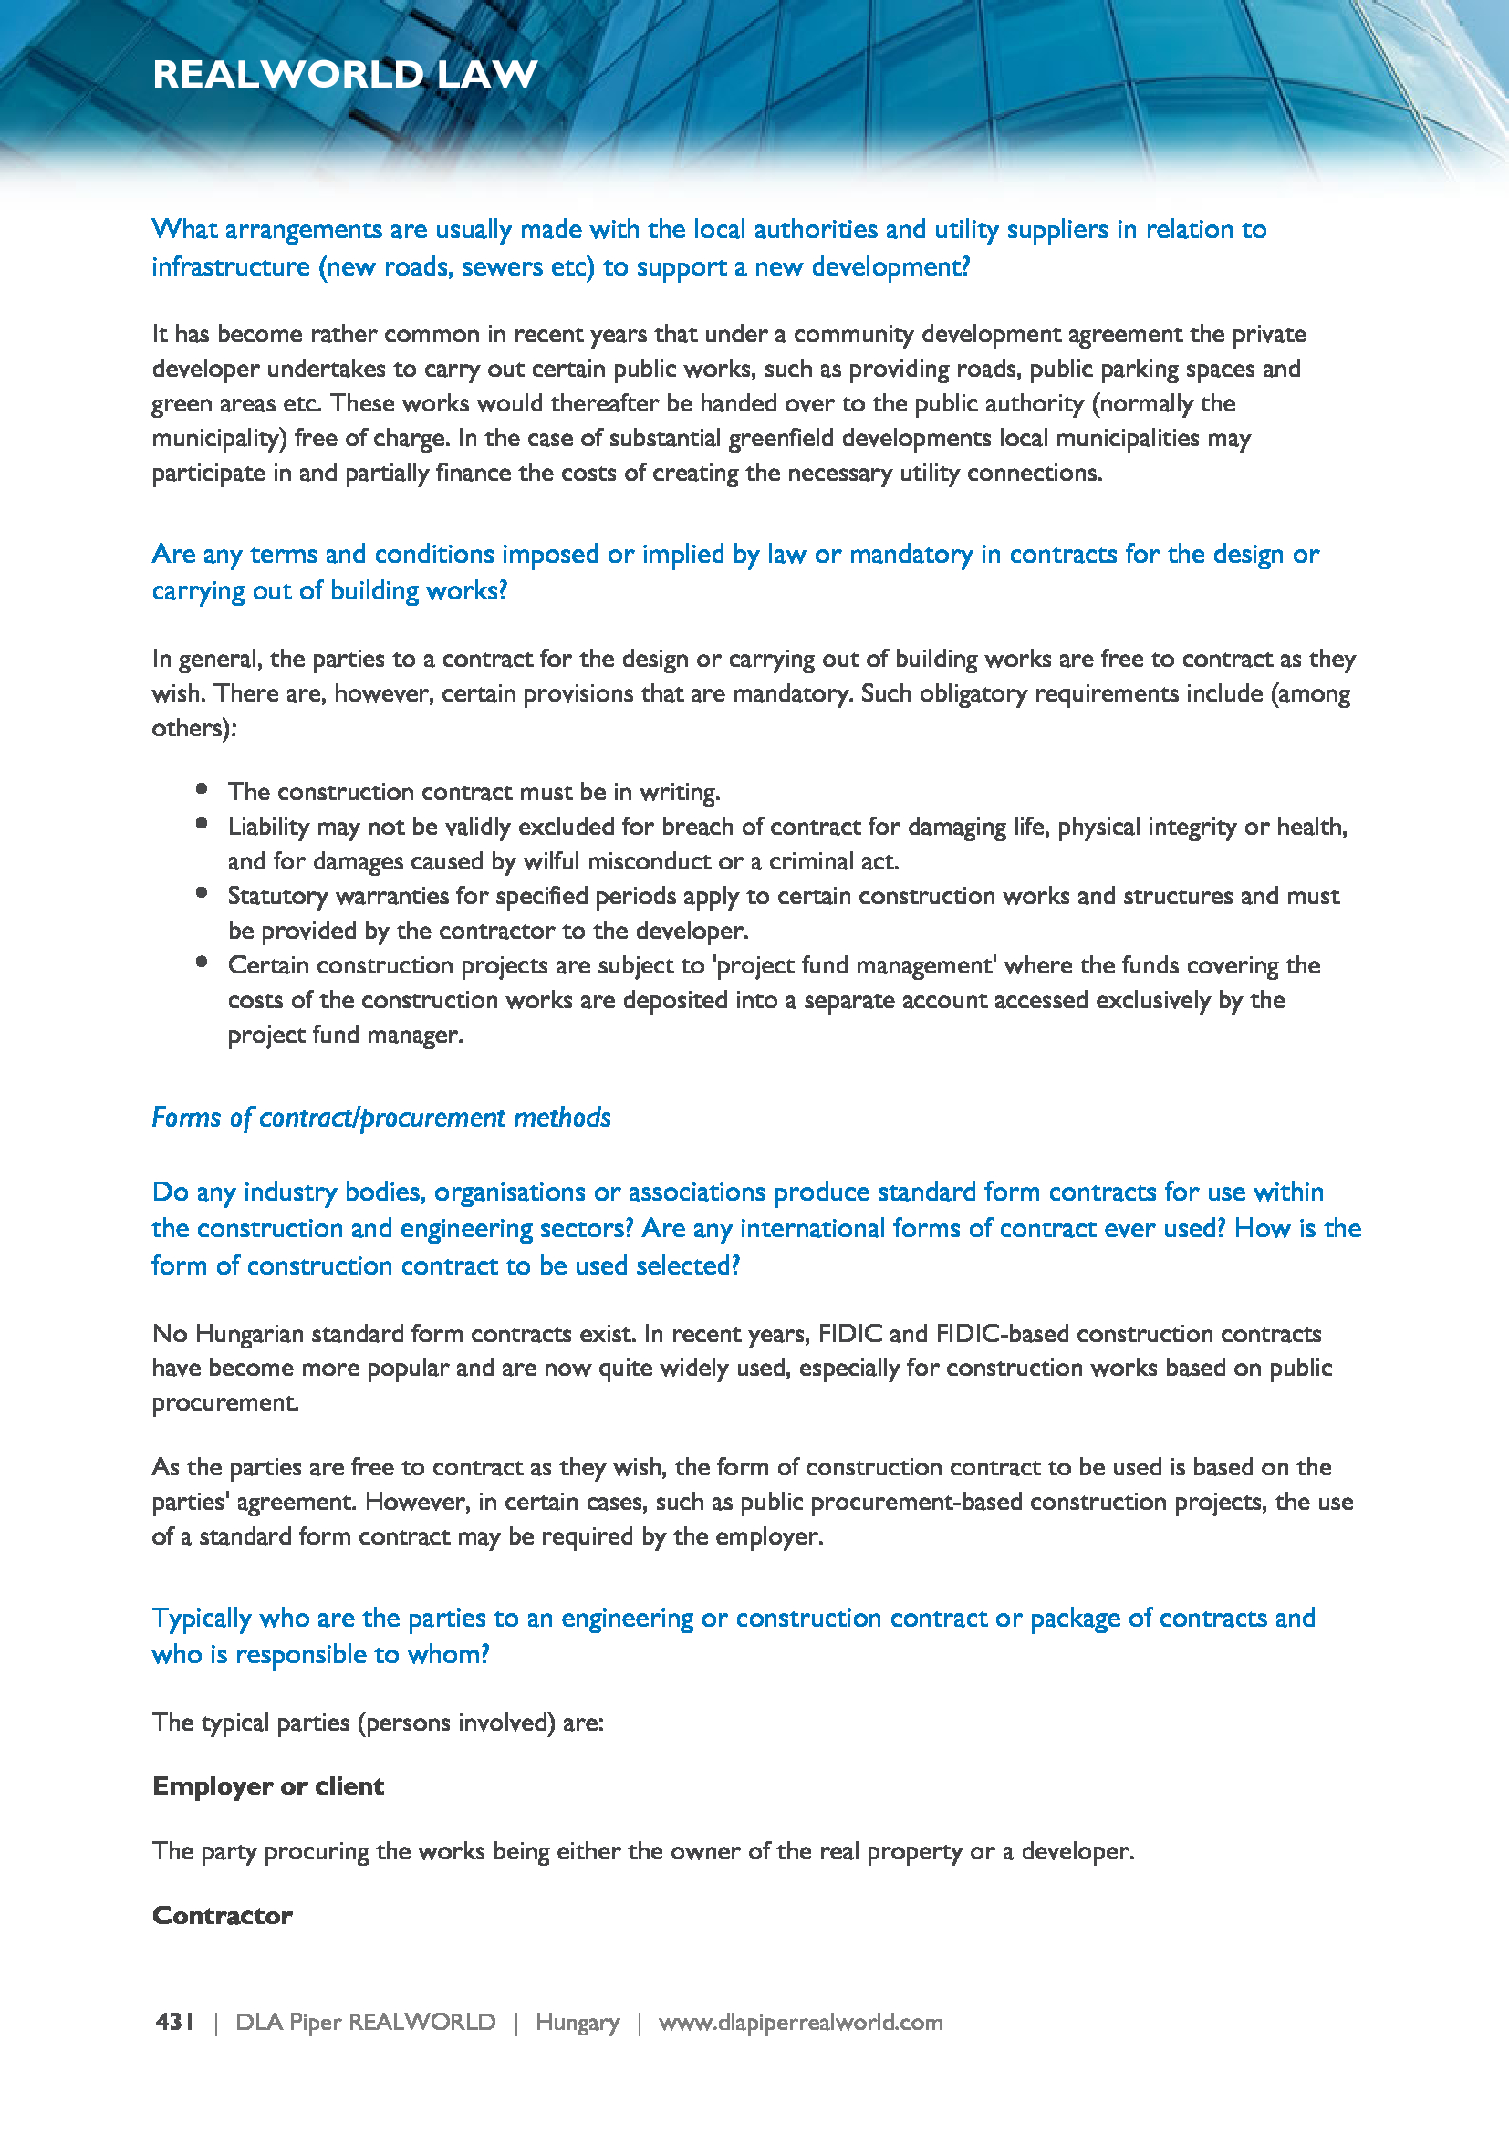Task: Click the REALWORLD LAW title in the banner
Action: [x=345, y=74]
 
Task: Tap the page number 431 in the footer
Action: [x=174, y=2022]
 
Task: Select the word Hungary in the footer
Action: [x=577, y=2022]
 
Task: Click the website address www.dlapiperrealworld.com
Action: [x=800, y=2022]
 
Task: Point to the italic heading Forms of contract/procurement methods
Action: [x=381, y=1118]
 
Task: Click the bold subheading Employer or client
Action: [x=267, y=1786]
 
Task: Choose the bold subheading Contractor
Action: [x=222, y=1916]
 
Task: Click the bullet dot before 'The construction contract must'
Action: [x=202, y=789]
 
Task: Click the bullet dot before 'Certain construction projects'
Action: [x=202, y=963]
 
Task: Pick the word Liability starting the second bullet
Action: [x=267, y=827]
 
